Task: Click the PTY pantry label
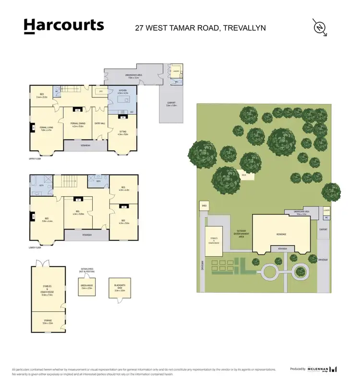click(x=101, y=91)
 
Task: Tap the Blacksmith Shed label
click(x=120, y=289)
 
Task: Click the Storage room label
click(x=48, y=322)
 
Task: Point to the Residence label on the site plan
click(x=281, y=234)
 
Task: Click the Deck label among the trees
click(x=244, y=175)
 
